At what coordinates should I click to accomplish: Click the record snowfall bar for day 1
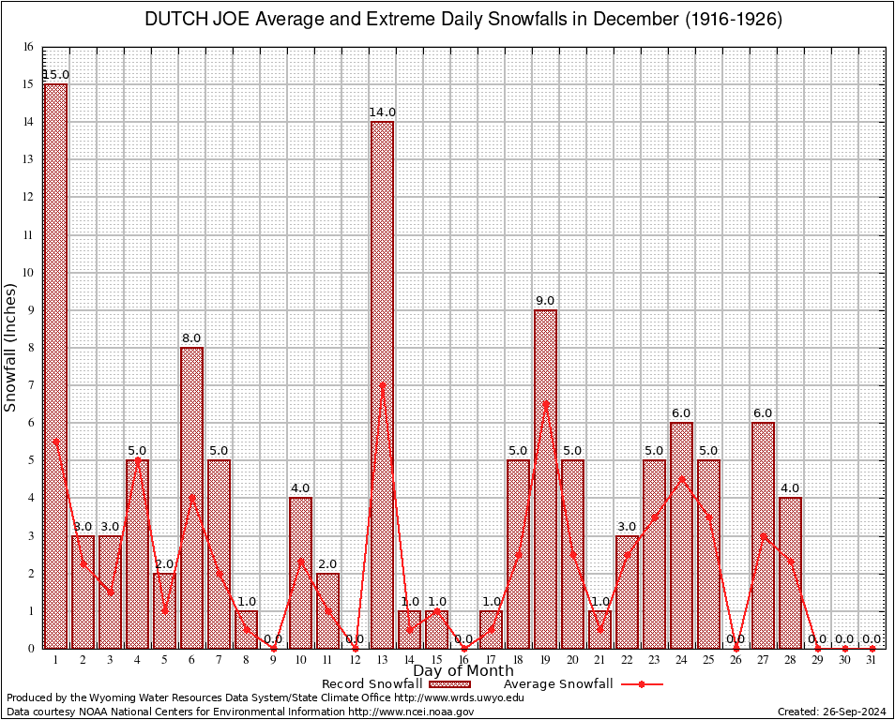pos(55,366)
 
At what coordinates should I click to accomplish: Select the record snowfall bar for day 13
pos(382,384)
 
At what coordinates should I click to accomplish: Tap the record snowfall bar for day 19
pos(545,478)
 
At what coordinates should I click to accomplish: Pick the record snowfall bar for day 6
pos(191,497)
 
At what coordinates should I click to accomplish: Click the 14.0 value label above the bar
pos(382,112)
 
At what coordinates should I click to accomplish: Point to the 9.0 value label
pos(545,300)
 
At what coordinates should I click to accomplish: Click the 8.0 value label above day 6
pos(191,337)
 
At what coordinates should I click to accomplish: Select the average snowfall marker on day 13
pos(382,384)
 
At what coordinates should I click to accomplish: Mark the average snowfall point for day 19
pos(545,403)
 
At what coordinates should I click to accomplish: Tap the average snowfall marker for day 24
pos(681,478)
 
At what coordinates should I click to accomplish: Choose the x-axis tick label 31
pos(872,660)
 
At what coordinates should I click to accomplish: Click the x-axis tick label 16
pos(463,660)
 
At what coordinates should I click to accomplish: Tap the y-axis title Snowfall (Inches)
pos(11,348)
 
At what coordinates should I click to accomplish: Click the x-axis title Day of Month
pos(463,671)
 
